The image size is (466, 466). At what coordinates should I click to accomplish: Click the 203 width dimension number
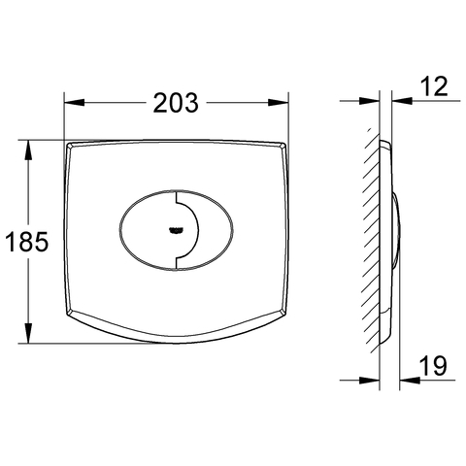[176, 103]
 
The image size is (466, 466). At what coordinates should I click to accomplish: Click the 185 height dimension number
[27, 242]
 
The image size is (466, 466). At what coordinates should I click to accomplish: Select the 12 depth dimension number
[434, 86]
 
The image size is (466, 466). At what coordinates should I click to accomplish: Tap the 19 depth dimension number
[433, 365]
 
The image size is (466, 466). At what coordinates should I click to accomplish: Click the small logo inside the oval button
[176, 230]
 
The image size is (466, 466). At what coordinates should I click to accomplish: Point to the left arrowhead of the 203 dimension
[75, 103]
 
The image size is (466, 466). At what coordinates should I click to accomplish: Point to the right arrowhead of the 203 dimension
[278, 103]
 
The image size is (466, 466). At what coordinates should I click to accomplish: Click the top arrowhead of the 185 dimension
[28, 150]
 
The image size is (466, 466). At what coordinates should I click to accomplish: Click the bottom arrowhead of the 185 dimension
[28, 333]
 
